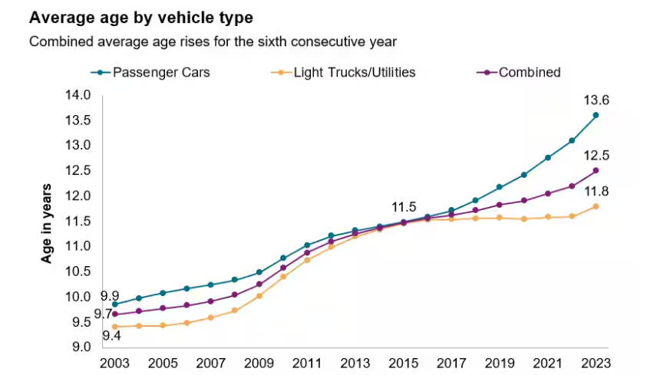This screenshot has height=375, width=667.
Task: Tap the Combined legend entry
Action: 529,73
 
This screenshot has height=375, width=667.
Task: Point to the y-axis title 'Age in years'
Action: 47,223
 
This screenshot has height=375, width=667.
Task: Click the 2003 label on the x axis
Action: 114,362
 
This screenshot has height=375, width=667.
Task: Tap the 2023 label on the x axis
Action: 596,362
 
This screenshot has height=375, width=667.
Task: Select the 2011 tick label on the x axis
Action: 307,362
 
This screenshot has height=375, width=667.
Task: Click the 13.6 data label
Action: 596,100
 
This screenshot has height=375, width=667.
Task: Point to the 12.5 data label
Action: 596,155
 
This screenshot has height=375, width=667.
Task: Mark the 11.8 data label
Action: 596,191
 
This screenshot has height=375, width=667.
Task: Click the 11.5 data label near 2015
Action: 404,207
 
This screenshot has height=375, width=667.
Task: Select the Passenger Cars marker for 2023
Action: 596,115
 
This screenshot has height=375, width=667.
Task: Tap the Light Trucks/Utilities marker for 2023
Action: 596,206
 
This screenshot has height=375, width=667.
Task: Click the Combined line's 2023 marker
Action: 596,170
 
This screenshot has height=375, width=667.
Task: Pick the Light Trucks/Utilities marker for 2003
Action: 114,327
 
